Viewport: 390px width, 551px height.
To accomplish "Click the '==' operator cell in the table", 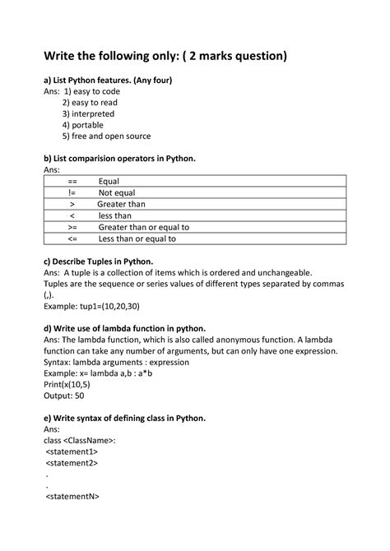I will click(72, 181).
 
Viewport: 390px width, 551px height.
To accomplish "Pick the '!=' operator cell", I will click(72, 192).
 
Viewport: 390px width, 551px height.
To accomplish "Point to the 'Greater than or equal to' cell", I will click(143, 227).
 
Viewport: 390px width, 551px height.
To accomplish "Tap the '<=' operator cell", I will click(72, 238).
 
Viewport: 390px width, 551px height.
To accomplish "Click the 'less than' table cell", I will click(115, 215).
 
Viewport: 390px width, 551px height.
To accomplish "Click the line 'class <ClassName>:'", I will click(80, 440).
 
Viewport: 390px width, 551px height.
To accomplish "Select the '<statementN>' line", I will click(73, 497).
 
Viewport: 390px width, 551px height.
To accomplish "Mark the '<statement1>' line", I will click(72, 451).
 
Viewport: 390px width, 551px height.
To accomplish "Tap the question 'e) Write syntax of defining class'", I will click(123, 418).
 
